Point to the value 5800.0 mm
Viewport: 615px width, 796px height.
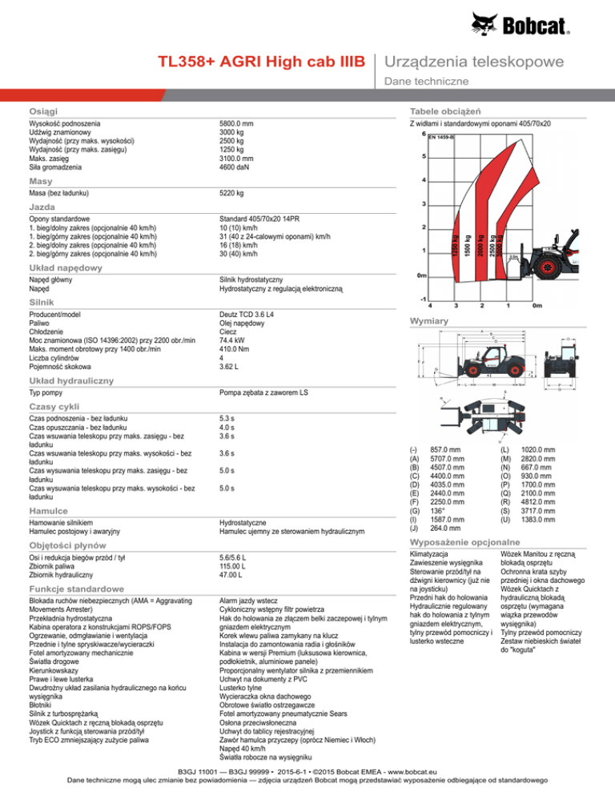pos(237,124)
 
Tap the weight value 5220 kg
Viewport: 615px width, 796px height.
pos(231,194)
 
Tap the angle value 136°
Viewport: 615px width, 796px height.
pos(436,510)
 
